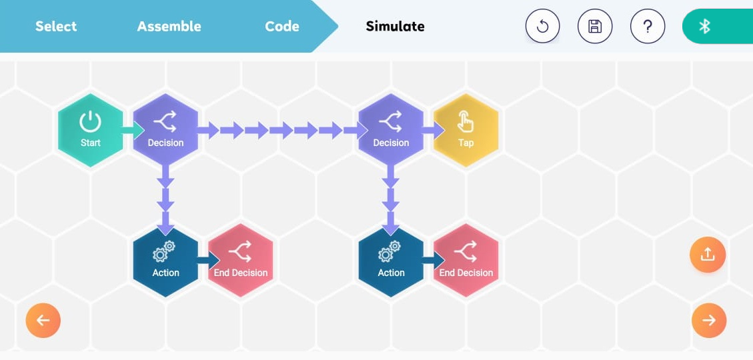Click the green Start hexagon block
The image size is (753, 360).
point(90,130)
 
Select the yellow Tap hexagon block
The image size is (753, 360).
point(466,130)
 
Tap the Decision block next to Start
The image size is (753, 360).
point(165,130)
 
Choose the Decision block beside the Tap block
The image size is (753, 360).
point(391,130)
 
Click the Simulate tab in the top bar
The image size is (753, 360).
point(396,26)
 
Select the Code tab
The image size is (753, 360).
point(282,26)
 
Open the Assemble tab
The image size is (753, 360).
point(169,26)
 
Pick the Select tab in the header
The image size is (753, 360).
point(56,26)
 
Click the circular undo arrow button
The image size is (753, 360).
point(543,26)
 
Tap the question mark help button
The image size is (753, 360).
point(648,26)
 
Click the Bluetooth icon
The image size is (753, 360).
point(704,27)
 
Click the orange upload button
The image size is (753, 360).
point(708,255)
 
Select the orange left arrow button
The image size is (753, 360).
point(43,320)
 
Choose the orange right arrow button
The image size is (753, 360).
point(709,320)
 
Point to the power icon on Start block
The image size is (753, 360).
point(90,121)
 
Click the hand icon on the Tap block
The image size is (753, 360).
point(465,121)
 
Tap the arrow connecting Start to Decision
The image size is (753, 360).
point(133,129)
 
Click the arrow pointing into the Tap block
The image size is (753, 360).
point(434,129)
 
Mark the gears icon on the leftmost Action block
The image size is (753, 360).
point(164,251)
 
